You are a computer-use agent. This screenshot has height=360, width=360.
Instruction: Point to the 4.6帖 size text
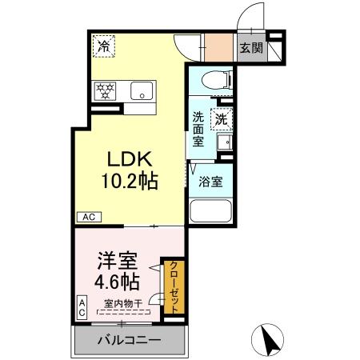pos(118,282)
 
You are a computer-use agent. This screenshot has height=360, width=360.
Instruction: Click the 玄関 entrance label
pos(250,48)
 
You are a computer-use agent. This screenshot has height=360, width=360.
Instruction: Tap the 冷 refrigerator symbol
pos(104,46)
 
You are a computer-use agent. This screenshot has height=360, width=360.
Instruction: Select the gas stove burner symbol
pos(105,90)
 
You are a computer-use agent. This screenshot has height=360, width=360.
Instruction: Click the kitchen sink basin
pos(143,90)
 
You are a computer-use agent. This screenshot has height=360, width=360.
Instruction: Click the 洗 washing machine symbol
pos(221,118)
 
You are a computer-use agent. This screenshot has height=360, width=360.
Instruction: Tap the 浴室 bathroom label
pos(211,181)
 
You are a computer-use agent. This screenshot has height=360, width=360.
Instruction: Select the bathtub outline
pos(210,213)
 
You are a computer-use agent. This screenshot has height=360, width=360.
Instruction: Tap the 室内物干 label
pos(123,303)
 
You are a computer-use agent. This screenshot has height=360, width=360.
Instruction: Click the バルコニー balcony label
pos(128,341)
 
